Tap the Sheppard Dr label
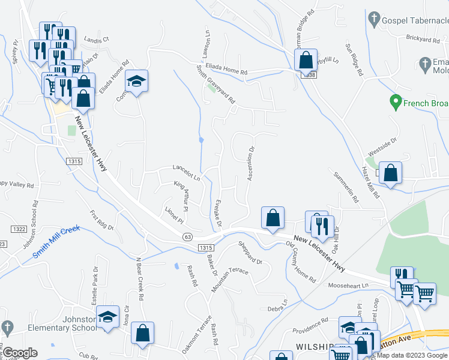[x=250, y=253]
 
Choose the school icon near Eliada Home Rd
[x=137, y=81]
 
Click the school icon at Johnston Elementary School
[x=108, y=317]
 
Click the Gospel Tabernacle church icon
[x=374, y=19]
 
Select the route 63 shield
[x=188, y=237]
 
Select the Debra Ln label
[x=277, y=305]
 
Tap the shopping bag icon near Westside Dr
[x=390, y=173]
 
